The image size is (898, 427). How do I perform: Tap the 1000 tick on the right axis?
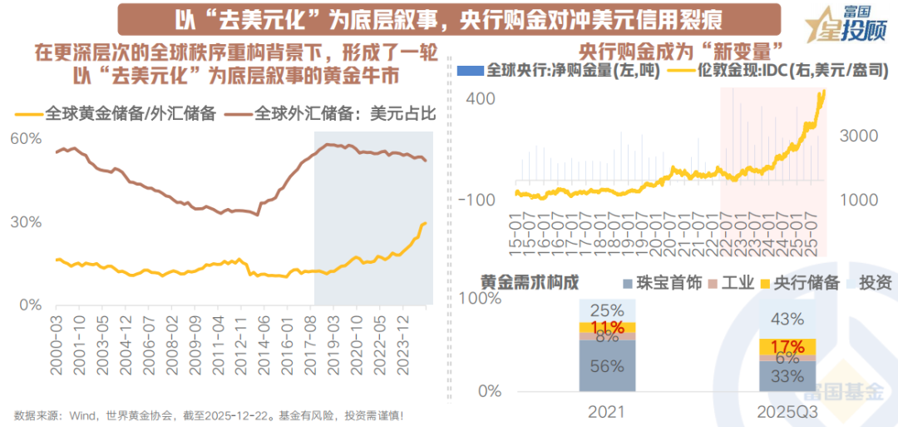(x=868, y=201)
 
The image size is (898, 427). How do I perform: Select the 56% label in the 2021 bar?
(x=608, y=366)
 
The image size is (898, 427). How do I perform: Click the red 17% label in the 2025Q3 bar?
(x=787, y=346)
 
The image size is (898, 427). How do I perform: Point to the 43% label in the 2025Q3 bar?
(x=787, y=319)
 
